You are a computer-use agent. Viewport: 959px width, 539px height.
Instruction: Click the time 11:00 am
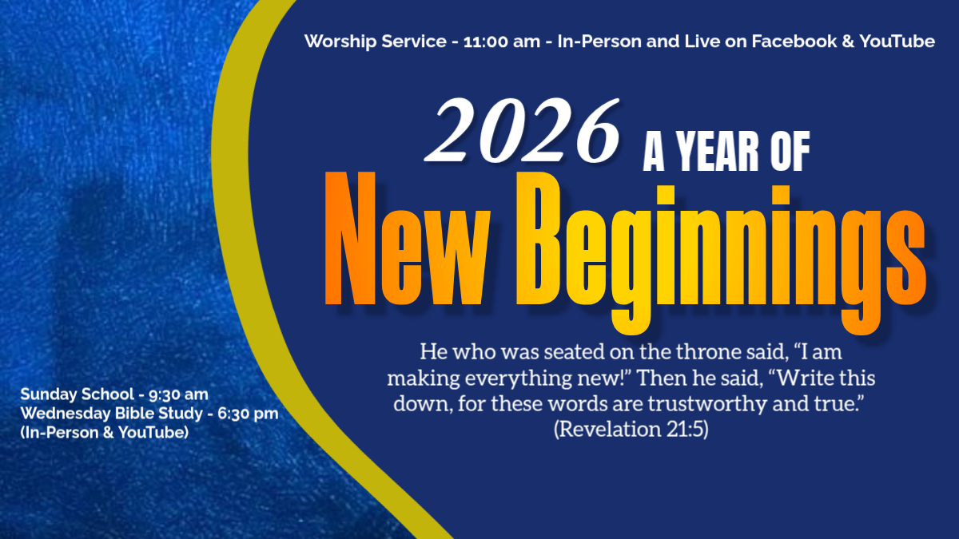click(502, 42)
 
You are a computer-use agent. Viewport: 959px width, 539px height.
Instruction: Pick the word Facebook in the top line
click(794, 42)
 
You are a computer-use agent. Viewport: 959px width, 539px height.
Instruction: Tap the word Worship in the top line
click(340, 42)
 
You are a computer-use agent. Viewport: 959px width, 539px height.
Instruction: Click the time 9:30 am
click(178, 394)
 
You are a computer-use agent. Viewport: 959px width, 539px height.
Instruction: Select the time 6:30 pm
click(248, 414)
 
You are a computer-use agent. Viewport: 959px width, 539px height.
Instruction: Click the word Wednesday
click(65, 414)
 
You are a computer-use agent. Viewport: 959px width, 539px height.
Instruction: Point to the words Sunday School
click(77, 394)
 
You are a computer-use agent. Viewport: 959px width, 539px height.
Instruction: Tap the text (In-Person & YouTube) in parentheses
click(105, 433)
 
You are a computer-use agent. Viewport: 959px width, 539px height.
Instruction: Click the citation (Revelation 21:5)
click(631, 429)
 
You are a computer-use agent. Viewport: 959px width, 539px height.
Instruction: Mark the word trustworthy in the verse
click(707, 404)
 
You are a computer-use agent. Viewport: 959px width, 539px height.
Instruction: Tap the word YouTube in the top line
click(897, 42)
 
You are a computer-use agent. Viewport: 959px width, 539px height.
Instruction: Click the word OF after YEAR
click(790, 151)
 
